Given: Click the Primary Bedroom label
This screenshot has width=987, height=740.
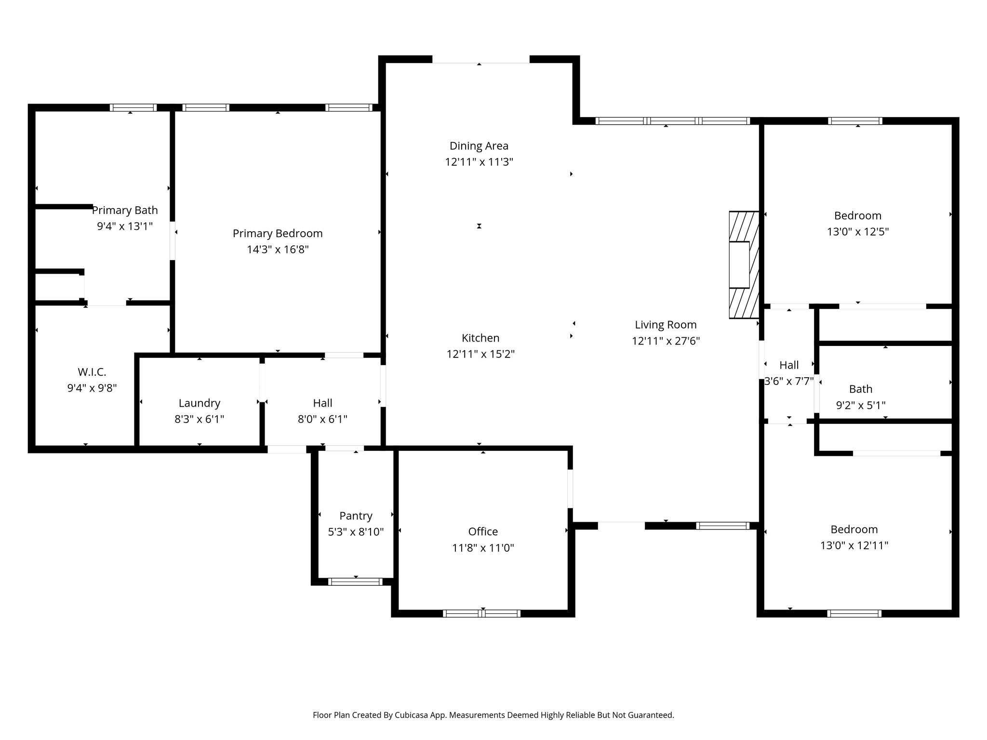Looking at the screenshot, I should click(278, 234).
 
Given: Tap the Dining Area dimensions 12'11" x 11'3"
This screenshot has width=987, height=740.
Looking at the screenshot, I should click(479, 162).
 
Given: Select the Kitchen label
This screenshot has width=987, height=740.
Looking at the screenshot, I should click(480, 338).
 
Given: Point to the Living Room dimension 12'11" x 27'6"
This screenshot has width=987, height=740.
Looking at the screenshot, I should click(666, 341).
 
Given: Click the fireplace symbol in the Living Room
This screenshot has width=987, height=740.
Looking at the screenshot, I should click(743, 265).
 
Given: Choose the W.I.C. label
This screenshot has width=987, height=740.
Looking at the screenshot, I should click(92, 372).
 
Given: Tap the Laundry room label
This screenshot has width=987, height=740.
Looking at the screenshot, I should click(199, 403).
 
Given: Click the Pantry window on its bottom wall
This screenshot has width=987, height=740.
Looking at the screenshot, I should click(355, 581).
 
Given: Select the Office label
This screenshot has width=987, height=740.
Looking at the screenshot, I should click(482, 532).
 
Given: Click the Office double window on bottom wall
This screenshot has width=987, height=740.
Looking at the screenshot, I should click(481, 613).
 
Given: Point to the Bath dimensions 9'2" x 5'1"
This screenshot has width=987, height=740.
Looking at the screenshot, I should click(860, 405).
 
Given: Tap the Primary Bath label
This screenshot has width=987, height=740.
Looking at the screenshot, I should click(125, 211).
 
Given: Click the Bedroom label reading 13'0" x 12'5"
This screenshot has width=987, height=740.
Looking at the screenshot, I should click(857, 216).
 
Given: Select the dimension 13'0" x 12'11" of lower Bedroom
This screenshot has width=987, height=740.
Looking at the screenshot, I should click(854, 545).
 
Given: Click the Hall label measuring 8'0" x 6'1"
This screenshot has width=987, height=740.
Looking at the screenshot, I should click(322, 403).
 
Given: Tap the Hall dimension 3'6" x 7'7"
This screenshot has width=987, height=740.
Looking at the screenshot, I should click(789, 382).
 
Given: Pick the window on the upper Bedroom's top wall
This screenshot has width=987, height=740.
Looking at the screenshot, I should click(855, 121).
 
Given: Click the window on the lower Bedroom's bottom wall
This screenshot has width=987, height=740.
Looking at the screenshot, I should click(854, 613).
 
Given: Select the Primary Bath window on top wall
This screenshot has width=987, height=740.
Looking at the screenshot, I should click(133, 107).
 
